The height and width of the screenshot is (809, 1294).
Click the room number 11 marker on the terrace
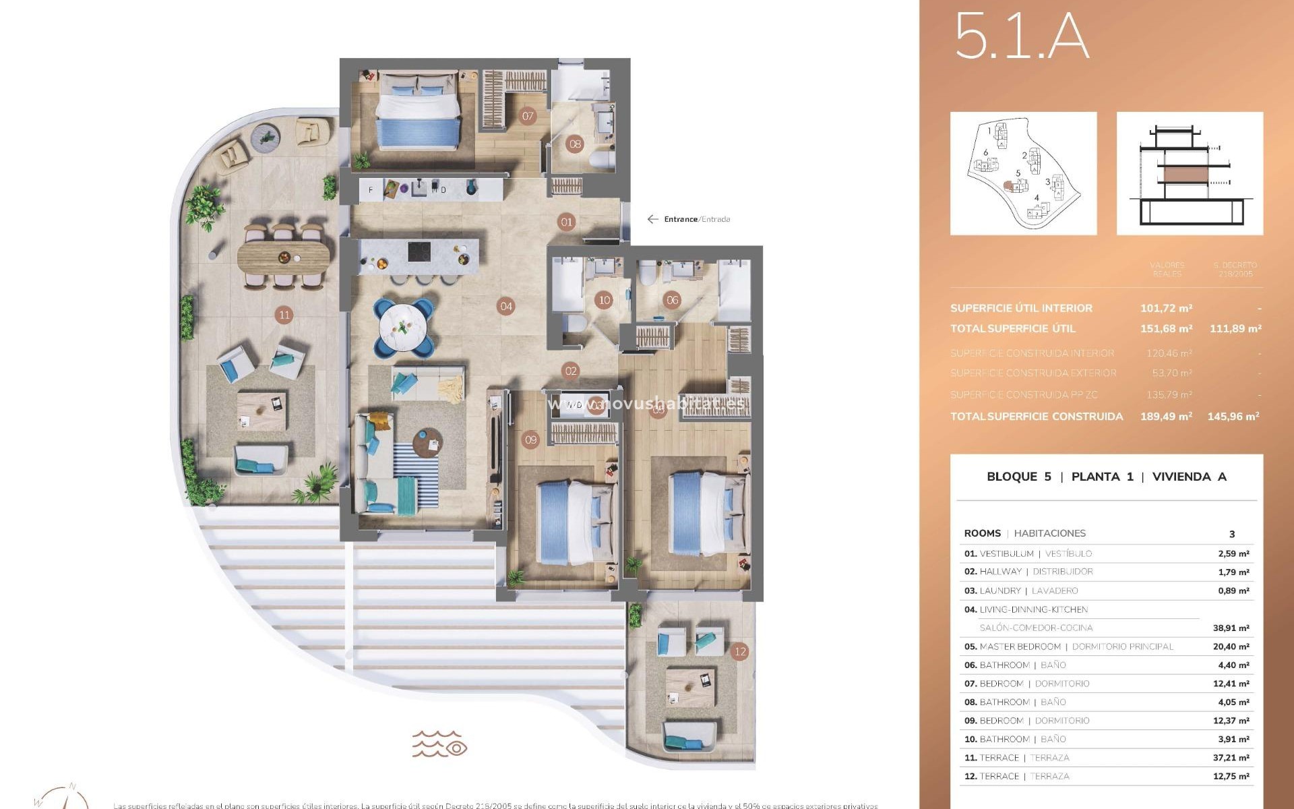pos(284,315)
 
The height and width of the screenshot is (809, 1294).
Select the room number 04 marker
pos(506,306)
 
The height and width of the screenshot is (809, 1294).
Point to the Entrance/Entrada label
pos(696,219)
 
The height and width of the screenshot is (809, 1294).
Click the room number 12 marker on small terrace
pos(740,651)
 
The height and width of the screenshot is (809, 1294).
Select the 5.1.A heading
pos(1021,37)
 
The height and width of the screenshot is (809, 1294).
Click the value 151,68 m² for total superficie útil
pos(1166,329)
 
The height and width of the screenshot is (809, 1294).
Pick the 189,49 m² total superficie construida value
pos(1166,417)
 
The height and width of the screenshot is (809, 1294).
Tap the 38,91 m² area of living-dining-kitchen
pos(1231,628)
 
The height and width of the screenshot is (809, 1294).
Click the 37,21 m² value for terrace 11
pos(1231,758)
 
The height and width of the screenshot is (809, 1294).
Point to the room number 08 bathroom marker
pos(575,144)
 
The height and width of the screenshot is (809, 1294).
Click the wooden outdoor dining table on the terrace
pos(284,256)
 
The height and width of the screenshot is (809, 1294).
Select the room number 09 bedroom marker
pos(531,440)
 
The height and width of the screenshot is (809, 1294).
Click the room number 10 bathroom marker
pos(604,301)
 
